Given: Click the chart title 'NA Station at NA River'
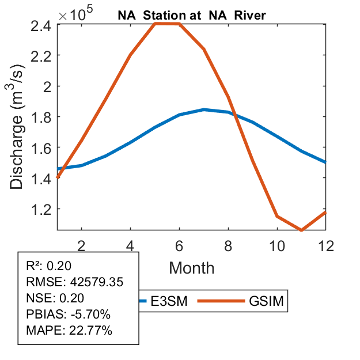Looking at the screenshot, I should pyautogui.click(x=192, y=16).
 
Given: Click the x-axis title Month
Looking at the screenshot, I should pyautogui.click(x=192, y=267).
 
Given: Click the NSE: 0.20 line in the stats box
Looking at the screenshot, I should pyautogui.click(x=55, y=298).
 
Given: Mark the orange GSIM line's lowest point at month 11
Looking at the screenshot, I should pyautogui.click(x=301, y=230).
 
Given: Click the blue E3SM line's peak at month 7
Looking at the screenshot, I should pyautogui.click(x=204, y=109).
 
